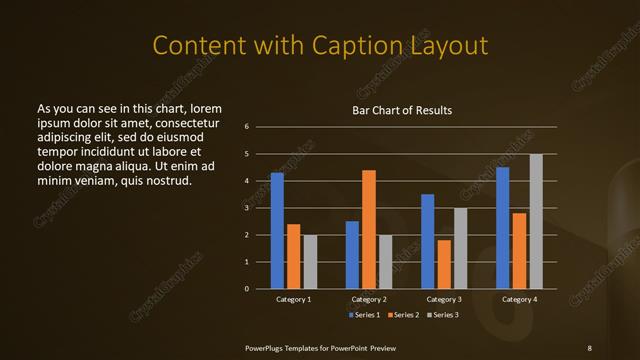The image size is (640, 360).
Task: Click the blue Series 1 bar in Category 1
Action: pos(277,231)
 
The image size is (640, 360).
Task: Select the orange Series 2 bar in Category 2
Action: pos(368,229)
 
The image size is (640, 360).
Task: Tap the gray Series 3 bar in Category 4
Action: pos(536,221)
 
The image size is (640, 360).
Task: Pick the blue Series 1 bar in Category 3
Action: pos(427,241)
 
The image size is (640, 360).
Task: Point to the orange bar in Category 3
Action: pos(444,264)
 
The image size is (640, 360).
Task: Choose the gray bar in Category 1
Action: pos(310,261)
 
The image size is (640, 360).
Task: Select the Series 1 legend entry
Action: pos(364,315)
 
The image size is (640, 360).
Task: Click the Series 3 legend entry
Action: pos(445,315)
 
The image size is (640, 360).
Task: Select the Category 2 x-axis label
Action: pos(369,300)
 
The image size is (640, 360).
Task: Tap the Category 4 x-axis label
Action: pos(519,300)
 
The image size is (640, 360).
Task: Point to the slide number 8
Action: pos(589,347)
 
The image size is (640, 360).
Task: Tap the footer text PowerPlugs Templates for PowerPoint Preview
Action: pos(320,347)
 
